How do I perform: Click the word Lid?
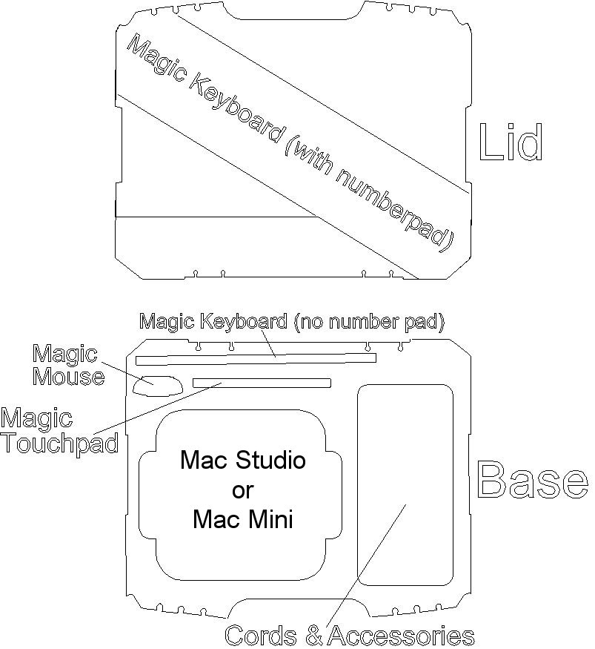click(511, 142)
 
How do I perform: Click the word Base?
click(533, 480)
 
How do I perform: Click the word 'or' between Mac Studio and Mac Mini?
click(243, 491)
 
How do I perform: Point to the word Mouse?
click(69, 376)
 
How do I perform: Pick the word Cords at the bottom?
click(261, 636)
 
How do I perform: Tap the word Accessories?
click(401, 636)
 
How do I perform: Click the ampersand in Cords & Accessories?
click(314, 636)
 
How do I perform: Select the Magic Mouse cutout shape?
click(158, 386)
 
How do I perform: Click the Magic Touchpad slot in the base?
click(262, 383)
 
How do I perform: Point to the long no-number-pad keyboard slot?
click(256, 359)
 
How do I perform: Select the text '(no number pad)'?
click(369, 322)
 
